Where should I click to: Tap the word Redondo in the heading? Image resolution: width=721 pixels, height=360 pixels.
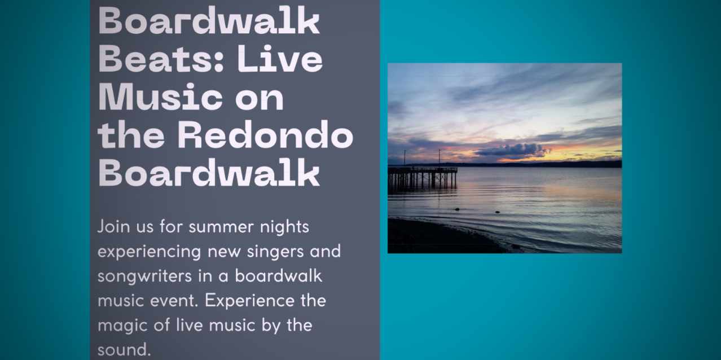266,135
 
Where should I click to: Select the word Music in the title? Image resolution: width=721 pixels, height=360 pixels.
160,96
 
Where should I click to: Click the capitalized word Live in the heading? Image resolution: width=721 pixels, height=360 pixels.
280,59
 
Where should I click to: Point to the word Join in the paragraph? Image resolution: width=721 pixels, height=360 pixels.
113,227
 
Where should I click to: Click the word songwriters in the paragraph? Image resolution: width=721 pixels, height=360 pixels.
145,276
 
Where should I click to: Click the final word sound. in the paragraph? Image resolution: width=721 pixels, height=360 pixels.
124,350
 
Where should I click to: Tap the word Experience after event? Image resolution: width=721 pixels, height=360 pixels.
249,301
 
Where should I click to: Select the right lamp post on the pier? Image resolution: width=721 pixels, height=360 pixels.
439,157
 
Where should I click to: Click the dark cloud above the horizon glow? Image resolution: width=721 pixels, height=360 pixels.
512,150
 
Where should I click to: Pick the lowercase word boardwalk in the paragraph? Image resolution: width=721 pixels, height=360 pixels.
279,276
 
